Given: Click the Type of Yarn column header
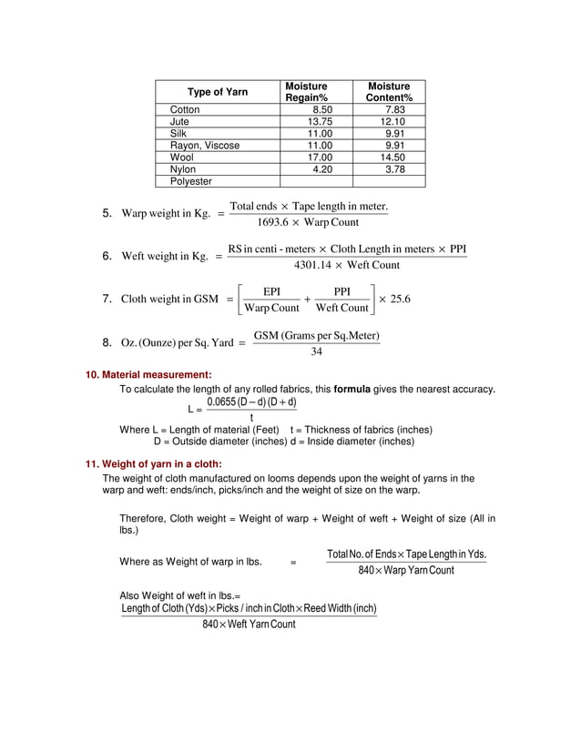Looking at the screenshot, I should (x=217, y=92).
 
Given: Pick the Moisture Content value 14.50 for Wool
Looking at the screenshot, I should (x=393, y=158).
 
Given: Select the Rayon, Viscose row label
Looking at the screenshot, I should (x=205, y=146).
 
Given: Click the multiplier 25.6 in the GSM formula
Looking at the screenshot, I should (x=398, y=299).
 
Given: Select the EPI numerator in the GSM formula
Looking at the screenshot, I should (x=271, y=290).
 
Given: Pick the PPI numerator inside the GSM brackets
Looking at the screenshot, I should (x=341, y=290).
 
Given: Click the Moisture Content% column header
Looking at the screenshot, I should (x=389, y=92).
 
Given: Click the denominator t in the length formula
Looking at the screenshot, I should (x=251, y=418).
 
